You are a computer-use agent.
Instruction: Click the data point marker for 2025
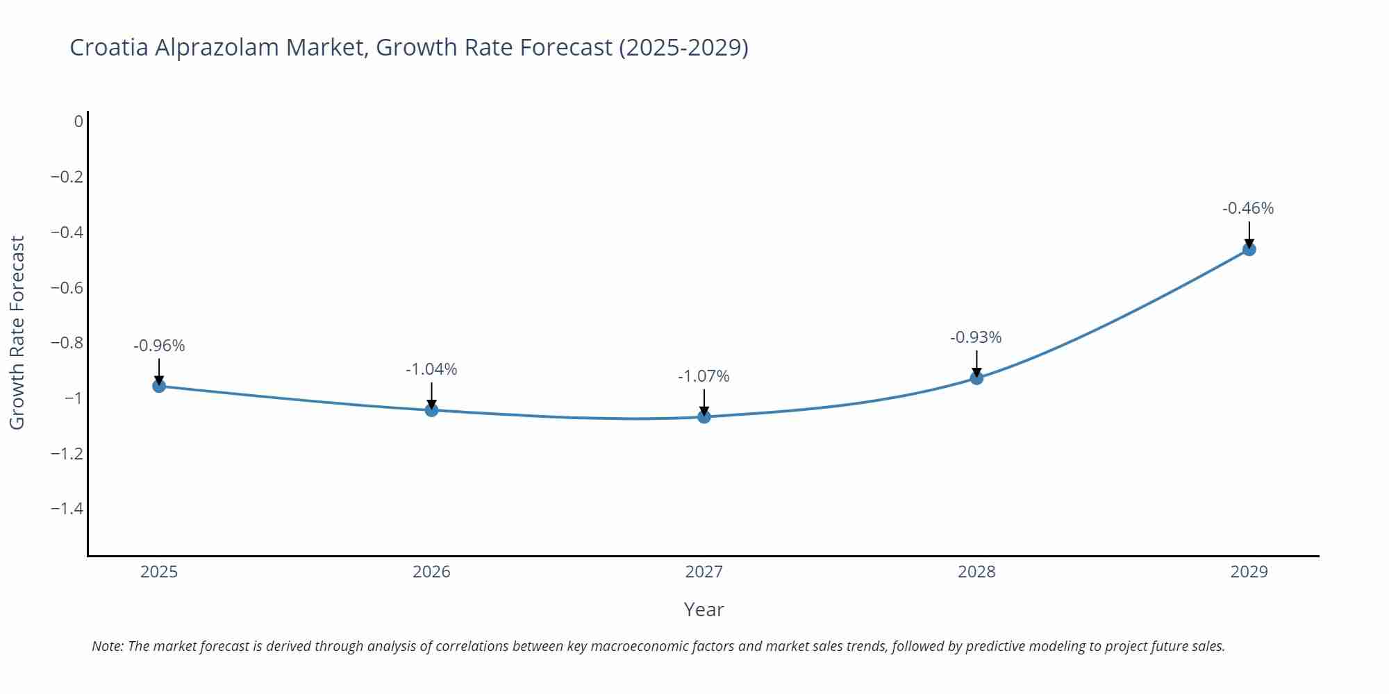pyautogui.click(x=159, y=386)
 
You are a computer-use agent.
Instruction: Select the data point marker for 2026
pyautogui.click(x=431, y=410)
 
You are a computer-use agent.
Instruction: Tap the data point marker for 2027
pyautogui.click(x=704, y=416)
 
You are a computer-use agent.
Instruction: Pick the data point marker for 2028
pyautogui.click(x=976, y=378)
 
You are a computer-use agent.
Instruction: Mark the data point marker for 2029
pyautogui.click(x=1249, y=249)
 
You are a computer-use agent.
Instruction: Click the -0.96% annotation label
pyautogui.click(x=159, y=346)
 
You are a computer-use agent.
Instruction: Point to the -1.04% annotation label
pyautogui.click(x=431, y=369)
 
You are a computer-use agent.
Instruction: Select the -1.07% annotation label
pyautogui.click(x=704, y=376)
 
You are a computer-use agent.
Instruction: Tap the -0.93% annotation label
pyautogui.click(x=976, y=337)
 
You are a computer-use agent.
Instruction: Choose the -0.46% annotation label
pyautogui.click(x=1248, y=208)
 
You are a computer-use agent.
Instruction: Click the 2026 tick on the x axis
pyautogui.click(x=431, y=572)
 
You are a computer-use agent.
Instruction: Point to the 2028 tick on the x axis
pyautogui.click(x=976, y=572)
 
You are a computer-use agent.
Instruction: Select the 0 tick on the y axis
pyautogui.click(x=78, y=121)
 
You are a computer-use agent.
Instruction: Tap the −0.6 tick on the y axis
pyautogui.click(x=67, y=287)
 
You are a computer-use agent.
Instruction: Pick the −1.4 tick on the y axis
pyautogui.click(x=67, y=509)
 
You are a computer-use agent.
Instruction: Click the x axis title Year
pyautogui.click(x=704, y=609)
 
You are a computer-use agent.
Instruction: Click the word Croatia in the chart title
pyautogui.click(x=109, y=47)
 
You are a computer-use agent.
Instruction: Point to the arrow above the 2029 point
pyautogui.click(x=1249, y=235)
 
